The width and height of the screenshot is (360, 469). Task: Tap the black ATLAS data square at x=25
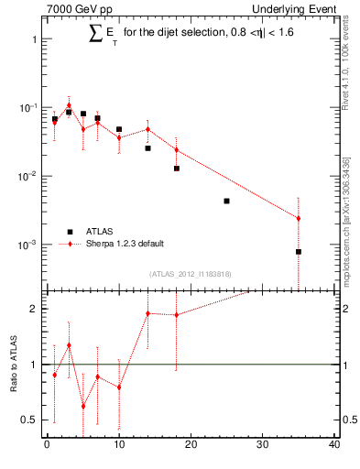click(226, 201)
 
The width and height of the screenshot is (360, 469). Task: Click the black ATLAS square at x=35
click(299, 252)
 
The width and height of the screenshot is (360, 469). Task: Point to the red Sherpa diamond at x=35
click(299, 218)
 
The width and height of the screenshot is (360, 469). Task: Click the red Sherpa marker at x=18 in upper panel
click(176, 150)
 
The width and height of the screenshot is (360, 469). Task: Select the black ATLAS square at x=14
click(147, 147)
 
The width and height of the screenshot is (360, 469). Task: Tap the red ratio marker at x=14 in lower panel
click(147, 313)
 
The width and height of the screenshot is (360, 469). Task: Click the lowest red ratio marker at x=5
click(83, 406)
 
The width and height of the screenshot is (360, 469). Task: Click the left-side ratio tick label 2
click(34, 309)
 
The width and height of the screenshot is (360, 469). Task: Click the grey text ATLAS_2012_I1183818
click(191, 273)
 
